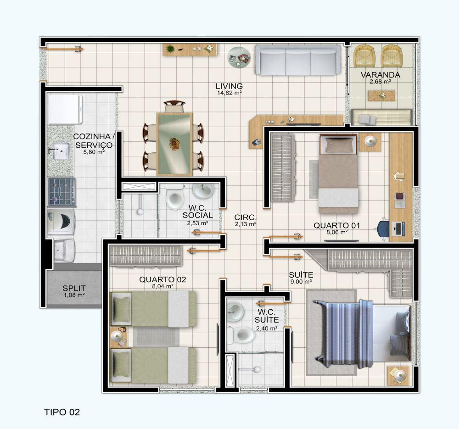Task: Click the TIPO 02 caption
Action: tap(62, 412)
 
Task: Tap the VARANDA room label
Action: tap(380, 75)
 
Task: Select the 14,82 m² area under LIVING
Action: tap(229, 93)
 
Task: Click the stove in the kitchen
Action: tap(62, 192)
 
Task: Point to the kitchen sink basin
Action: tap(61, 151)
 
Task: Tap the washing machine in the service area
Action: tap(62, 221)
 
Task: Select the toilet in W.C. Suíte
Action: tap(241, 335)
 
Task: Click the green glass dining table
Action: tap(174, 144)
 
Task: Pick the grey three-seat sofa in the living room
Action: tap(298, 60)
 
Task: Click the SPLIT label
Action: tap(74, 288)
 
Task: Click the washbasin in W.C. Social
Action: tap(203, 190)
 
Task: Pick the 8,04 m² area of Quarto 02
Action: tap(163, 286)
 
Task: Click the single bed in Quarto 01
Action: tap(338, 174)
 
